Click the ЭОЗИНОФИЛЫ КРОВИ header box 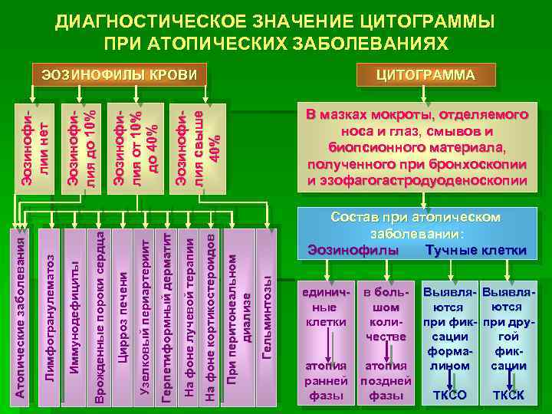click(x=120, y=75)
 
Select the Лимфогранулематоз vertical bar click(x=48, y=314)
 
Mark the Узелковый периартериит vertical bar click(x=146, y=314)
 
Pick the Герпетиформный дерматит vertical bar click(x=167, y=314)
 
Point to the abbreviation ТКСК click(x=508, y=396)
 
